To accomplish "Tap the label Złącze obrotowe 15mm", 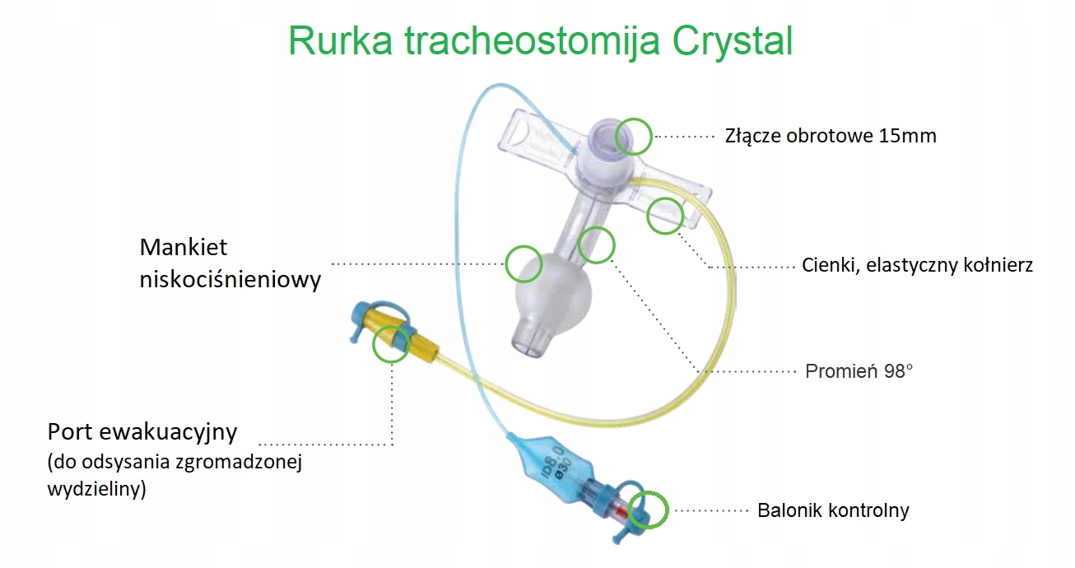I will [830, 135].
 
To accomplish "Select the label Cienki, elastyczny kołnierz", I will [917, 265].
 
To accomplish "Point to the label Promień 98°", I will [859, 370].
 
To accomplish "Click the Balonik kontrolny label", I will [833, 510].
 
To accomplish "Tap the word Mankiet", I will [184, 247].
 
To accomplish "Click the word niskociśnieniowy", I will [230, 280].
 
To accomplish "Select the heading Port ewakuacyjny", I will [142, 431].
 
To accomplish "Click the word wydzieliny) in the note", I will [97, 489].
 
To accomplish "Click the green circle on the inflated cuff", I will [524, 265].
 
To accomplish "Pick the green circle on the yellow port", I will [391, 344].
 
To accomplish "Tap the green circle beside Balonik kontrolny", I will [647, 510].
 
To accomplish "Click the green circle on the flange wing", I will [665, 216].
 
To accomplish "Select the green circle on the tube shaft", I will [596, 244].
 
